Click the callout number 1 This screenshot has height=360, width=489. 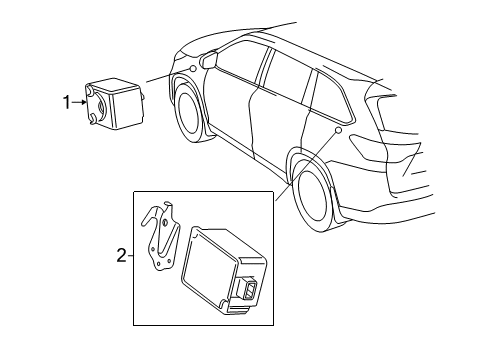coord(68,101)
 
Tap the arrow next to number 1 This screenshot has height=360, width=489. coord(80,101)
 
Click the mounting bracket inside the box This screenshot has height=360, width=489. coord(157,241)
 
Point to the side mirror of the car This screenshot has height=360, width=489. coord(210,60)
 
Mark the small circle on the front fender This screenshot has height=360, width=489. coord(192,68)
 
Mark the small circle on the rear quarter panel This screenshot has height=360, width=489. coord(339,130)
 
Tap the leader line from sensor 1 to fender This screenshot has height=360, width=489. coord(166,75)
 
